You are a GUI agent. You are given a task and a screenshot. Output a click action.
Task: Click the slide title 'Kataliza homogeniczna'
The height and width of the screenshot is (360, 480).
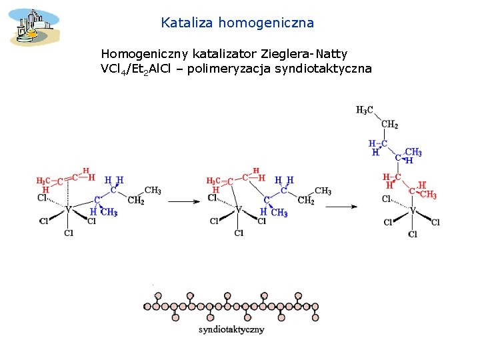(x=237, y=23)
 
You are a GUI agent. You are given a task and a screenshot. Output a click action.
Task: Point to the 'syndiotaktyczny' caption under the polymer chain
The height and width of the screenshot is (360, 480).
(x=231, y=329)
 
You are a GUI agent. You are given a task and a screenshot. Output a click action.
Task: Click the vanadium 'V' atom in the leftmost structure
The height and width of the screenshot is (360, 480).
(x=67, y=209)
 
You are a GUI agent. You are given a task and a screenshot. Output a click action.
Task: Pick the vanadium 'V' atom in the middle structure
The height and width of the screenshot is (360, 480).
(x=238, y=209)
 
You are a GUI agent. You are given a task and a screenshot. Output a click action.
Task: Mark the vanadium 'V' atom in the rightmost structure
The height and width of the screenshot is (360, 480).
(x=413, y=211)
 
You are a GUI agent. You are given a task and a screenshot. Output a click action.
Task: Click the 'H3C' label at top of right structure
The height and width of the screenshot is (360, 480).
(x=365, y=110)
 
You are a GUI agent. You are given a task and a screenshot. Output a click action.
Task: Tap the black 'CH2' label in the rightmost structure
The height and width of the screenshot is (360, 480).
(x=390, y=124)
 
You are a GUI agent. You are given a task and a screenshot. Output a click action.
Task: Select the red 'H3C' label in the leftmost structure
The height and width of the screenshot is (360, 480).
(x=43, y=181)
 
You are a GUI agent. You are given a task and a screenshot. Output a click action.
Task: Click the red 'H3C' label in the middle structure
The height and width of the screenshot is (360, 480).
(x=213, y=181)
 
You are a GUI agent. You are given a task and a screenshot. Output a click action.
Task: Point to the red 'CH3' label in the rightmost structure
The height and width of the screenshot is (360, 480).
(x=428, y=195)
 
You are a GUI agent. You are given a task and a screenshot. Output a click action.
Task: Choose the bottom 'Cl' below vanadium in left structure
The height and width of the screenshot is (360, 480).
(x=69, y=233)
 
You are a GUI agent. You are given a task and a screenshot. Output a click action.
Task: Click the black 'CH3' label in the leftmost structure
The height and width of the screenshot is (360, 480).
(x=153, y=191)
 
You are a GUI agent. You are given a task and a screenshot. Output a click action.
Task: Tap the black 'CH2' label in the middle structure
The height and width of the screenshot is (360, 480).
(x=307, y=200)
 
